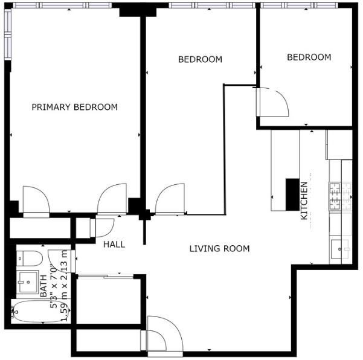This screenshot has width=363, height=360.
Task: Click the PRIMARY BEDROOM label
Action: coord(74,107)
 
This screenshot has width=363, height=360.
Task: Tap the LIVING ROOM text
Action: coord(219,249)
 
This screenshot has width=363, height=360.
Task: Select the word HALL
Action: coord(114,245)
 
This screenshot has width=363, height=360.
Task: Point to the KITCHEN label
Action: coord(304,201)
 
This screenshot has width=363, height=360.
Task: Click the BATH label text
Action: coord(43,286)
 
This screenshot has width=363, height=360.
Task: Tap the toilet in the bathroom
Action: coord(30,259)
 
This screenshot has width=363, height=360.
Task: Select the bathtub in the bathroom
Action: coord(40,311)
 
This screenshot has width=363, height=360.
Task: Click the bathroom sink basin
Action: coord(28,281)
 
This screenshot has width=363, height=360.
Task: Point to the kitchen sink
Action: coord(340,249)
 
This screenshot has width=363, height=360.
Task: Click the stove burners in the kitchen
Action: coord(335,196)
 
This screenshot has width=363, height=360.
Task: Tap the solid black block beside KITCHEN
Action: coord(292,194)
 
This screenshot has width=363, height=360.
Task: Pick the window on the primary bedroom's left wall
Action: coord(8,34)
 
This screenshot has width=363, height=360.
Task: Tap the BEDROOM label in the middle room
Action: coord(200,60)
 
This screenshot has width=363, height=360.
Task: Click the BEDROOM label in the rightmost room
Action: coord(309,57)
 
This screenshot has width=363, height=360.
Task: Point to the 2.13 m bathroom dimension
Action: coord(64,265)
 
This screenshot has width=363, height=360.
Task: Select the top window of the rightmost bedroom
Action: coord(299,5)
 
